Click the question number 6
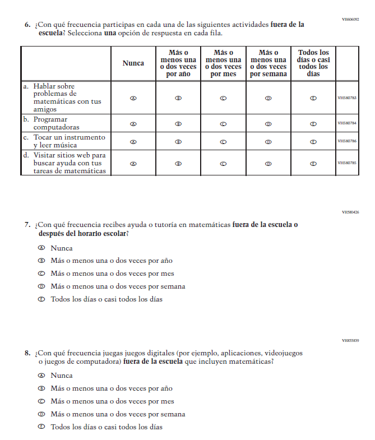[x=27, y=25]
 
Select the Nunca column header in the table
[x=133, y=63]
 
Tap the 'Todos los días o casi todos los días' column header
[x=313, y=63]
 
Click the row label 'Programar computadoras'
[x=56, y=123]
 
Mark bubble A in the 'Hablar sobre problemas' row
[x=133, y=98]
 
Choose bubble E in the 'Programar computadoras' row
[x=313, y=124]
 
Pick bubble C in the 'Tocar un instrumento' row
[x=223, y=142]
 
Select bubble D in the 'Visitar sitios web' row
[x=268, y=164]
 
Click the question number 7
[x=27, y=225]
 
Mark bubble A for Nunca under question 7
[x=41, y=248]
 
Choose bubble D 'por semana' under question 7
[x=41, y=286]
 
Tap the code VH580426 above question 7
[x=350, y=212]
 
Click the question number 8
[x=27, y=353]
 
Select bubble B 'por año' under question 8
[x=41, y=388]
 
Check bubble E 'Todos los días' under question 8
[x=41, y=427]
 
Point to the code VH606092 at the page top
[x=350, y=20]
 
